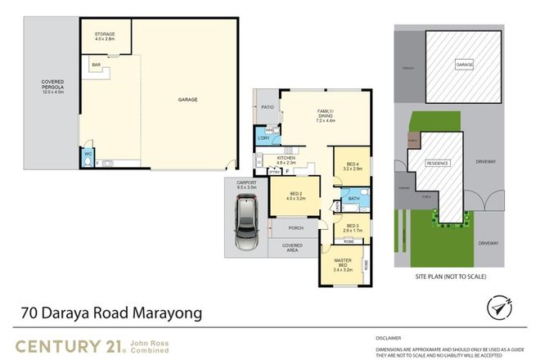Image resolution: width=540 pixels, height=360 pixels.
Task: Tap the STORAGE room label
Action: tap(104, 36)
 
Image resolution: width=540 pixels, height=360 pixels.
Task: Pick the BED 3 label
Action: tap(353, 227)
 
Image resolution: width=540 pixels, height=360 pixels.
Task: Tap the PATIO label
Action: tap(267, 107)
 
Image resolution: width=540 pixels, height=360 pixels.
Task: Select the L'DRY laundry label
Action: tap(263, 137)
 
